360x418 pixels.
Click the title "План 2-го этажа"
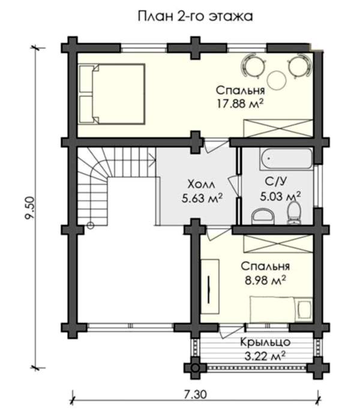195,16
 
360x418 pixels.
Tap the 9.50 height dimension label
29,208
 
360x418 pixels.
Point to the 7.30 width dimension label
195,395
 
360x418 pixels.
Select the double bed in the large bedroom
112,94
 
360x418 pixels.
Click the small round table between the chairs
277,80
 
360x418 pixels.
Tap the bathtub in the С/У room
286,159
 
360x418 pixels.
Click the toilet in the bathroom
294,213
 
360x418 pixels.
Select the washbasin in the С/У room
263,217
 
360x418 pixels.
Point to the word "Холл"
201,184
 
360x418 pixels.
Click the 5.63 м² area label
202,198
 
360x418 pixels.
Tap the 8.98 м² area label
265,280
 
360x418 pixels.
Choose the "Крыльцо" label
265,342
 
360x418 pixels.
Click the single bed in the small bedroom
281,310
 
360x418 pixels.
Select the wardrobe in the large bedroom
278,129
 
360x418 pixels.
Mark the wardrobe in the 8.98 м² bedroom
278,244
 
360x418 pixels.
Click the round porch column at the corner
196,368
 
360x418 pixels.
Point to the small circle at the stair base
91,226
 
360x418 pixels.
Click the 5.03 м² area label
280,197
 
